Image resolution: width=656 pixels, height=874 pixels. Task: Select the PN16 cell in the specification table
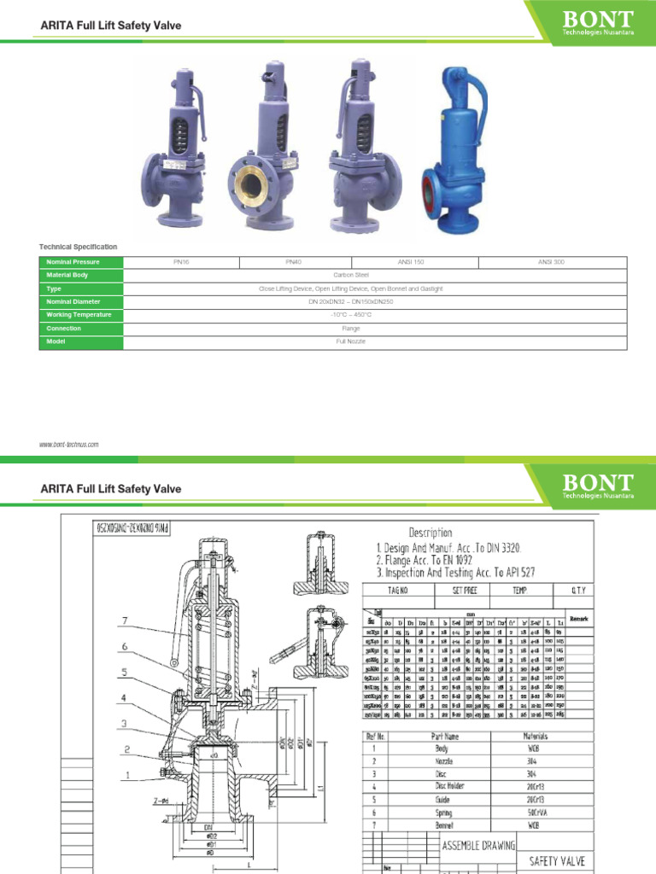pyautogui.click(x=181, y=262)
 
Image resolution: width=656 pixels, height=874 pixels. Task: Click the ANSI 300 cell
pyautogui.click(x=551, y=262)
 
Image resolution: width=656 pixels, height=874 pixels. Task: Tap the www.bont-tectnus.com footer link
pyautogui.click(x=69, y=445)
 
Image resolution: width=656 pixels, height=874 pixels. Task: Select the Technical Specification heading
pyautogui.click(x=78, y=247)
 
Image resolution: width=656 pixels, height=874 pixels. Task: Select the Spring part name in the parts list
pyautogui.click(x=444, y=814)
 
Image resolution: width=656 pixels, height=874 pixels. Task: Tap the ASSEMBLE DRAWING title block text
pyautogui.click(x=478, y=845)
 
